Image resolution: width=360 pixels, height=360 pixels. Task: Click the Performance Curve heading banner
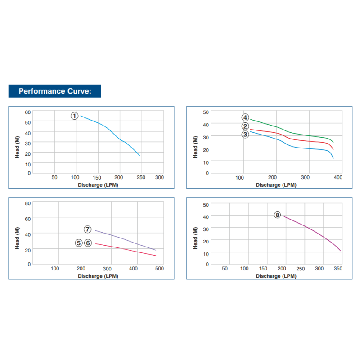(x=55, y=91)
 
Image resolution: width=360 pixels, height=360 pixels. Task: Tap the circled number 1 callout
(x=75, y=116)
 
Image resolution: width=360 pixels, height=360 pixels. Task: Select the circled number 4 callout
(x=245, y=117)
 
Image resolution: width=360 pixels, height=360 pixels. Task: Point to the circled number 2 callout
(x=245, y=126)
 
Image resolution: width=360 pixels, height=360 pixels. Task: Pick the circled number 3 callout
(x=245, y=134)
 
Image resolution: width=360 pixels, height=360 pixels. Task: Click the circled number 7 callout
(x=88, y=229)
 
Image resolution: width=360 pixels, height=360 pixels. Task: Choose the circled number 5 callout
(x=79, y=243)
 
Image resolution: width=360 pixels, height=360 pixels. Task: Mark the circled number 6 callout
(x=88, y=243)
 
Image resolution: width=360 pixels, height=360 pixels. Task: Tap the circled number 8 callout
(x=277, y=215)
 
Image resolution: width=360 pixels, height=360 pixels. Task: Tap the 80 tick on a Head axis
(x=28, y=203)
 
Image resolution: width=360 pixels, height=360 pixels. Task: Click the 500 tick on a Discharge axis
(x=159, y=269)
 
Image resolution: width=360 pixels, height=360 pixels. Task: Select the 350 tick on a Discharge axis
(x=338, y=269)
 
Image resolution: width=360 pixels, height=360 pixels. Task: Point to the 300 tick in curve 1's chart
(x=159, y=177)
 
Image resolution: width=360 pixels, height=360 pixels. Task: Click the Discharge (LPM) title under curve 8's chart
(x=276, y=276)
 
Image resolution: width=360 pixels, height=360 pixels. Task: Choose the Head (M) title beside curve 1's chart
(x=18, y=146)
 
